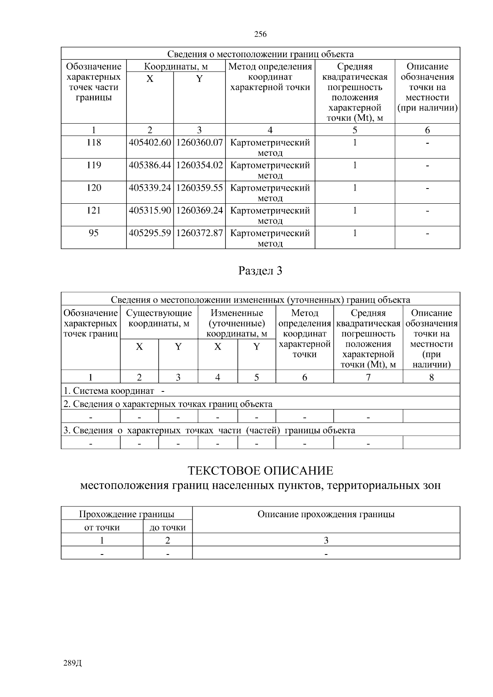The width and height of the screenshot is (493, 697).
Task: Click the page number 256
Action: pos(260,34)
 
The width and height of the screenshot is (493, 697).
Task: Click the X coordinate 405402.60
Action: pos(150,143)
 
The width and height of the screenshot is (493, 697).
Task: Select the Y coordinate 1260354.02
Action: pos(199,166)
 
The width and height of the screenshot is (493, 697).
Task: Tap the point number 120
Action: pos(94,188)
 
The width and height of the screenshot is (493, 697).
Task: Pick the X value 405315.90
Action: pos(150,211)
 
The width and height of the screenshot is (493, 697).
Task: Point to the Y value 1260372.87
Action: pos(199,233)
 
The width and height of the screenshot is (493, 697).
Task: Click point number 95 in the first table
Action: pos(94,233)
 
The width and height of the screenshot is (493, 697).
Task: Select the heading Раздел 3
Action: pos(260,271)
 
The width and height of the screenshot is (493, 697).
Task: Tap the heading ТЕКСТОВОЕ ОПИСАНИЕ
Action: pos(260,471)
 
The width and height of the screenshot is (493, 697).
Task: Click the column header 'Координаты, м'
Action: pos(176,67)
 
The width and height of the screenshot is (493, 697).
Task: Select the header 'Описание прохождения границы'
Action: pos(326,514)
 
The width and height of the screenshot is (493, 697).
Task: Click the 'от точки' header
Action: pos(102,527)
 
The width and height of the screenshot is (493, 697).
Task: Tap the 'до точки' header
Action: pos(168,527)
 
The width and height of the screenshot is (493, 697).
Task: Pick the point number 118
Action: pos(94,143)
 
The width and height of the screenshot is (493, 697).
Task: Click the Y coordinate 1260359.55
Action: pos(199,188)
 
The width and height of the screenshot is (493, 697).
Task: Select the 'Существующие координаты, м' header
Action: pos(159,318)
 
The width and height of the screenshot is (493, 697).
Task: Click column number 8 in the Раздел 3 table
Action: pos(431,377)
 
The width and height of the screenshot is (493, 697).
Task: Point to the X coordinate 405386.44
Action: pos(150,166)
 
